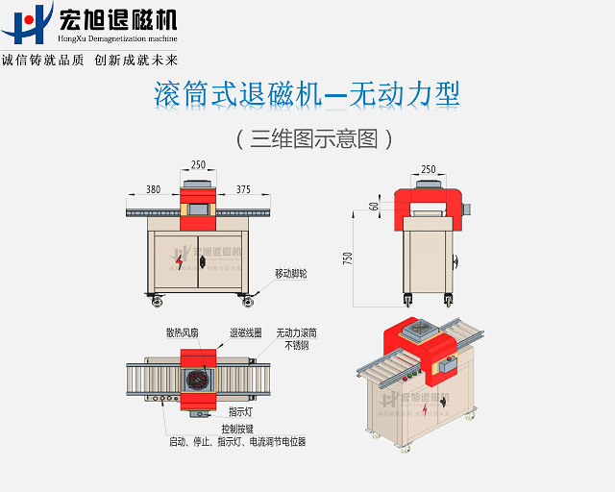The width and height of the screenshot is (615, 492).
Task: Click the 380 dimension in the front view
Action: pyautogui.click(x=153, y=189)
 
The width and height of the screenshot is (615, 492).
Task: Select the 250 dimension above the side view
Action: pyautogui.click(x=429, y=169)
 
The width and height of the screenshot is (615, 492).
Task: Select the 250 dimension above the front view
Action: pyautogui.click(x=198, y=164)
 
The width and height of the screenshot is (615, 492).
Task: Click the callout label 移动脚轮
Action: pyautogui.click(x=292, y=273)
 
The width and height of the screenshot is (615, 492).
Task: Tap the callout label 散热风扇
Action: pyautogui.click(x=182, y=332)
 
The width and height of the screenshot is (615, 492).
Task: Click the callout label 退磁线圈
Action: pyautogui.click(x=243, y=332)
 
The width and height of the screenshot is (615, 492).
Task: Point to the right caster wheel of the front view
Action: pyautogui.click(x=248, y=302)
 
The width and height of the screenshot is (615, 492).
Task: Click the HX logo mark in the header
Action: pyautogui.click(x=26, y=24)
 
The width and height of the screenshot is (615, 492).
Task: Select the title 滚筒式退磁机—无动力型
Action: pyautogui.click(x=307, y=94)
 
